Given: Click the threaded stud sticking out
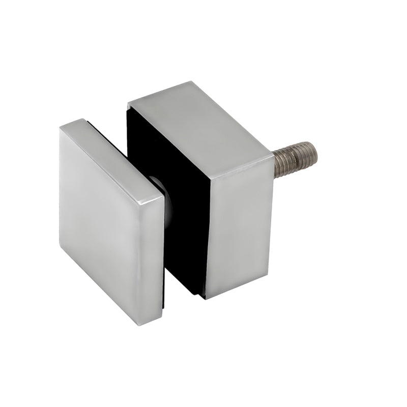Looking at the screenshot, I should coord(295,159).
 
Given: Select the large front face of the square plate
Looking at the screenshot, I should coord(99,219).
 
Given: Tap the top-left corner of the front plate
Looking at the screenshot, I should coord(61,128).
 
